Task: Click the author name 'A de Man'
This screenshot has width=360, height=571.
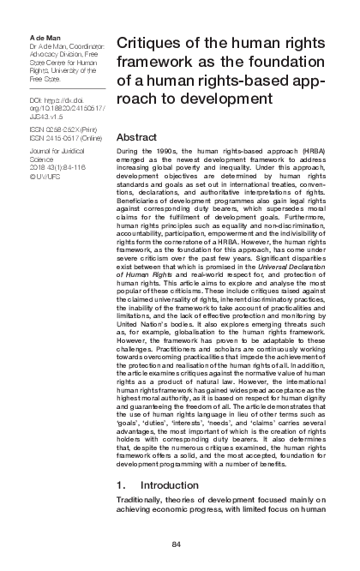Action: tap(44, 30)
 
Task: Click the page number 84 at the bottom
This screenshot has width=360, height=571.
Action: tap(176, 545)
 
